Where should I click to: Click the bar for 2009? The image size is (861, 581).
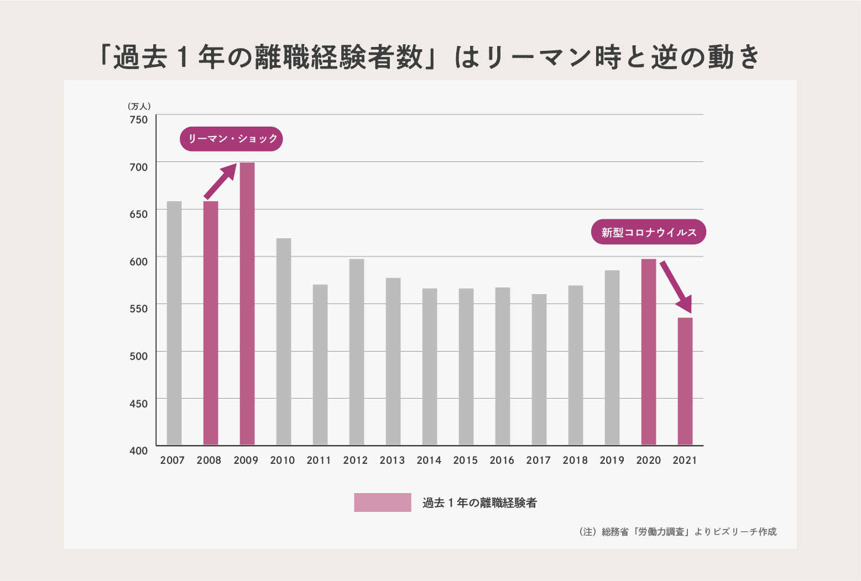(x=247, y=303)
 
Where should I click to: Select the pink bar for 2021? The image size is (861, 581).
(x=685, y=381)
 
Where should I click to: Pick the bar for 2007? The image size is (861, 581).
(x=174, y=323)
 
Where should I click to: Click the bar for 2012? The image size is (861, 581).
(x=357, y=352)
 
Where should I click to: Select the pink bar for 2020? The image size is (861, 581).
(x=649, y=352)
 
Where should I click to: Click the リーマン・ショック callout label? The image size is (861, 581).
(x=231, y=139)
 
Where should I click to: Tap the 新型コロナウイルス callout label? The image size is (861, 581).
(x=649, y=232)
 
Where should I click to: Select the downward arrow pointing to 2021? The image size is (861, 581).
(x=676, y=286)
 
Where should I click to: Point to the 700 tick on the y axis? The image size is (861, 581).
(x=139, y=167)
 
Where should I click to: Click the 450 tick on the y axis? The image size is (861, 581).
(x=139, y=404)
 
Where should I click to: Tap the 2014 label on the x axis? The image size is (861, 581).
(x=429, y=460)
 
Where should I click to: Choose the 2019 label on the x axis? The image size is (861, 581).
(x=612, y=460)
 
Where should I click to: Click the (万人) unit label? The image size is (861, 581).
(x=139, y=106)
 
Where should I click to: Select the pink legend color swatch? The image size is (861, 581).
(x=383, y=503)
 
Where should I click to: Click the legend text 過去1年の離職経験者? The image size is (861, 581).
(x=479, y=503)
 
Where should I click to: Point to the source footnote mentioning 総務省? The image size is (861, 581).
(x=678, y=532)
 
